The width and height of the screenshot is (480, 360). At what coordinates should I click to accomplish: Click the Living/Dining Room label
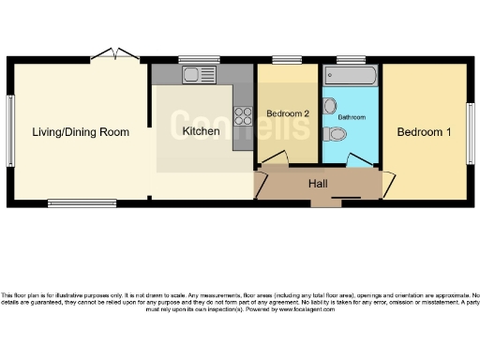click(79, 132)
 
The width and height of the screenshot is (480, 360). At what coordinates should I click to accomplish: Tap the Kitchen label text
click(201, 132)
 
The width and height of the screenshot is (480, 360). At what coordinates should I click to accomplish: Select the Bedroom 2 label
click(288, 113)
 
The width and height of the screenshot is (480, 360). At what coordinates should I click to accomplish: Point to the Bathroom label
click(351, 117)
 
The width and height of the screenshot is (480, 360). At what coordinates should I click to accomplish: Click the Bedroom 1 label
click(424, 132)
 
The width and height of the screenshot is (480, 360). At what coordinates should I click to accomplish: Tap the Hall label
click(318, 184)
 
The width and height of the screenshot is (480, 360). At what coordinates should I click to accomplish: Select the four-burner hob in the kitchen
click(244, 116)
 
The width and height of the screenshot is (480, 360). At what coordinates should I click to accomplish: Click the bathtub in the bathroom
click(351, 74)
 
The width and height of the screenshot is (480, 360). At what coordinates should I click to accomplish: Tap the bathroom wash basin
click(329, 104)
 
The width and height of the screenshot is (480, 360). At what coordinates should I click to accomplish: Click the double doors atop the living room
click(112, 53)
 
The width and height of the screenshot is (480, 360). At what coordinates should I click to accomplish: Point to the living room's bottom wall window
click(76, 202)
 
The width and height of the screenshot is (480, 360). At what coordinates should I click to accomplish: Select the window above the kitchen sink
click(198, 60)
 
